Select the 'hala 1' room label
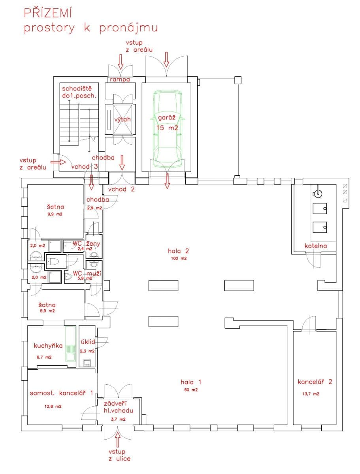[191, 382]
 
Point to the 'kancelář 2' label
[315, 382]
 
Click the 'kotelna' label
[316, 246]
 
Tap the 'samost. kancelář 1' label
[61, 393]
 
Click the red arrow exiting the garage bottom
[167, 181]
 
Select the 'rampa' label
[120, 80]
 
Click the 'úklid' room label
[87, 342]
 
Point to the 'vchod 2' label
[122, 189]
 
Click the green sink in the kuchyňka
[70, 344]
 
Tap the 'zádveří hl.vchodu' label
[119, 407]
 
